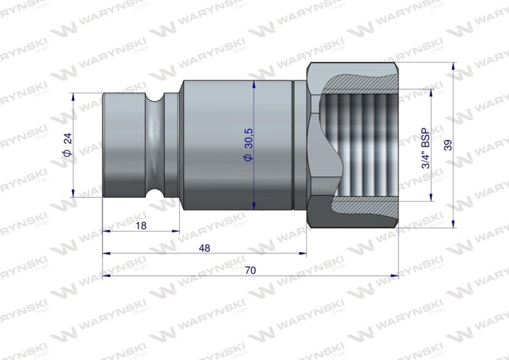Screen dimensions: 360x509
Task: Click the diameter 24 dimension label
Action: click(67, 145)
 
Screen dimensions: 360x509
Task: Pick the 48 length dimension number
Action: click(205, 248)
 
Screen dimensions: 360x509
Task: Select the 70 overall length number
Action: click(250, 270)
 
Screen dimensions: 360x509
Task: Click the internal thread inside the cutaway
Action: click(366, 146)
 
